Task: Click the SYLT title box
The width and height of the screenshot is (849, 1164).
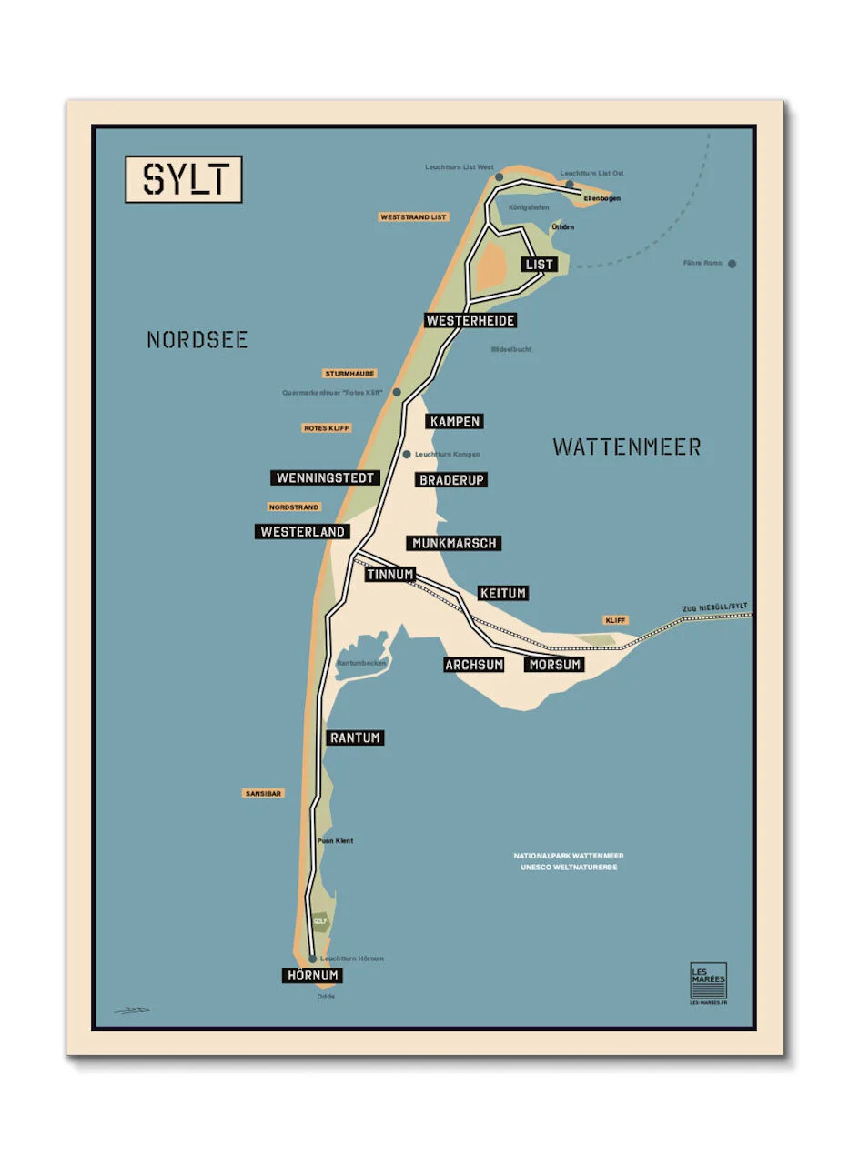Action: coord(183,179)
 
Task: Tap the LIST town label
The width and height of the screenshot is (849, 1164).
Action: coord(539,265)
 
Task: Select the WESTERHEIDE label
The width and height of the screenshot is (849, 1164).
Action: coord(470,320)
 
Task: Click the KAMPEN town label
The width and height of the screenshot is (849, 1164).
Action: coord(454,421)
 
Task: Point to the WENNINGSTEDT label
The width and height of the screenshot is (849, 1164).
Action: coord(326,477)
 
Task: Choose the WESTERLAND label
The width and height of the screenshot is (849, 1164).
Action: coord(302,531)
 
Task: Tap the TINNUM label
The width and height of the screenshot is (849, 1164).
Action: coord(390,575)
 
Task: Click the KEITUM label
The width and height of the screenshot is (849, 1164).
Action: coord(502,593)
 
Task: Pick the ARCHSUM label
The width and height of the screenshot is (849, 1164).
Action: coord(474,665)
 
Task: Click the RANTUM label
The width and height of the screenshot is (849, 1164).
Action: coord(355,738)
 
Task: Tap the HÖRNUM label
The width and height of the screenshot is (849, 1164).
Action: coord(311,975)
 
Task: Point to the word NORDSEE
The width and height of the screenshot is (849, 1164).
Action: coord(197,340)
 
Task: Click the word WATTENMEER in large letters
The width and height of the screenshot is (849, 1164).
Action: coord(626,447)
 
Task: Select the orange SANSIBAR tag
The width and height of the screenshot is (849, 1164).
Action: coord(264,793)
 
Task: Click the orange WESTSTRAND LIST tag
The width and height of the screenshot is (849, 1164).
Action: coord(414,217)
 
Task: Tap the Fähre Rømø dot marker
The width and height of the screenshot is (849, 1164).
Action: coord(732,264)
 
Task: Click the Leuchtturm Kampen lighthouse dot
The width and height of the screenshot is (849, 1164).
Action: coord(407,454)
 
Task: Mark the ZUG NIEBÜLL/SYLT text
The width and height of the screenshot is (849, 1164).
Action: coord(714,607)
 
